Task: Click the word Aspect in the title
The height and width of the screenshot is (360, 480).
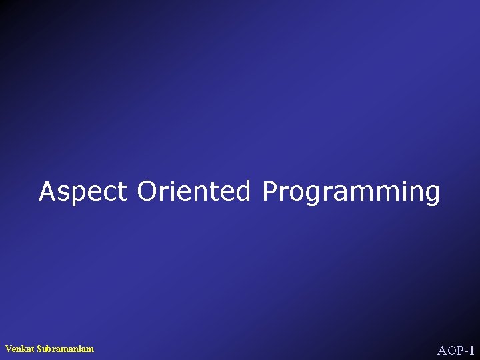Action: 83,192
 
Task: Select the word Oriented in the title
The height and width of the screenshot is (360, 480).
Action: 194,191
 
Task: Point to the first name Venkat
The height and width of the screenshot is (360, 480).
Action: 17,349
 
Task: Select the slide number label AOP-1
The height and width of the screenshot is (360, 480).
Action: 455,350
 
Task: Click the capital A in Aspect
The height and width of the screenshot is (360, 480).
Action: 47,191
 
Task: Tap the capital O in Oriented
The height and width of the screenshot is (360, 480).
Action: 147,191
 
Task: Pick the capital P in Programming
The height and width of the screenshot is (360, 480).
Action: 269,191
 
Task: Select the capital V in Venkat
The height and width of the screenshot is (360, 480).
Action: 8,349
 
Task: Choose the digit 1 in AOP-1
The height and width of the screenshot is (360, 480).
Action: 471,350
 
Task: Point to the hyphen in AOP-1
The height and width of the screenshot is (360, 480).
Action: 464,351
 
